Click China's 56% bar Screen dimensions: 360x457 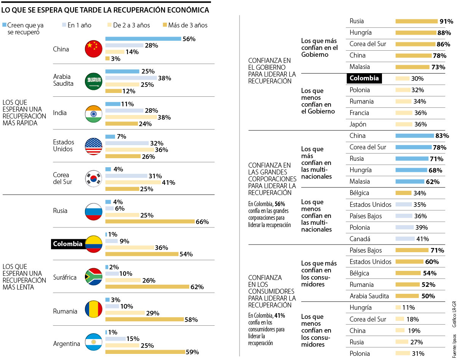[143, 38]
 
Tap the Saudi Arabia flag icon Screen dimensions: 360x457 [94, 81]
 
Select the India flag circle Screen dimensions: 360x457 [94, 114]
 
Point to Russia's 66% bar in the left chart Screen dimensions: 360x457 [150, 221]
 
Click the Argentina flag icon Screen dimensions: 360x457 [94, 342]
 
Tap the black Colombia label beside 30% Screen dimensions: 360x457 [364, 78]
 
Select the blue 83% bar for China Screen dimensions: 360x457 [414, 136]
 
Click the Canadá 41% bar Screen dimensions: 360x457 [405, 239]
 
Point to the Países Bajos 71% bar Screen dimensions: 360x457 [412, 250]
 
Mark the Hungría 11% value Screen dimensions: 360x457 [409, 307]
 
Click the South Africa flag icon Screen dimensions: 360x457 [94, 277]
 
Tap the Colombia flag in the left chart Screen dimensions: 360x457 [94, 244]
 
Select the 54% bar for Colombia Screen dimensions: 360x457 [142, 254]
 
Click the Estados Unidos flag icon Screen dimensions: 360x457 [94, 146]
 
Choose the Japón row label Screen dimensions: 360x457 [358, 124]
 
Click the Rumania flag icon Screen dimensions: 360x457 [94, 310]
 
